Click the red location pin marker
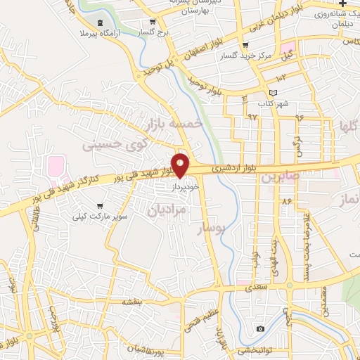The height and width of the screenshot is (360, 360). tap(181, 165)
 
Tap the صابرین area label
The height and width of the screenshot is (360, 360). tap(281, 176)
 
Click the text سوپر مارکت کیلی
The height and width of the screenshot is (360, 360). tap(101, 216)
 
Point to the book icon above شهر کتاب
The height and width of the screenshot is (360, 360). tap(274, 93)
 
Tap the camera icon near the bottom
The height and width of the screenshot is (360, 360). tap(261, 328)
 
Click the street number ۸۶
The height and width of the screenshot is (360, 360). tap(287, 202)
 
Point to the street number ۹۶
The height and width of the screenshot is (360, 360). tap(299, 117)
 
